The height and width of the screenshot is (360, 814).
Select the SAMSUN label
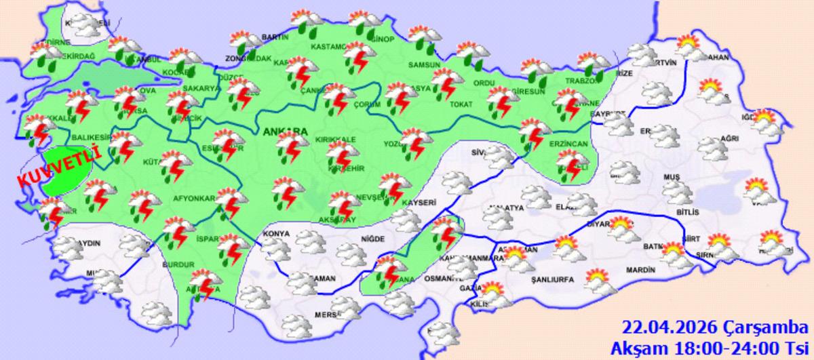(424, 65)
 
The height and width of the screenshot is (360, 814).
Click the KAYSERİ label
(420, 201)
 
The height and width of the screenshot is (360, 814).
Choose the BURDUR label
(180, 265)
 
